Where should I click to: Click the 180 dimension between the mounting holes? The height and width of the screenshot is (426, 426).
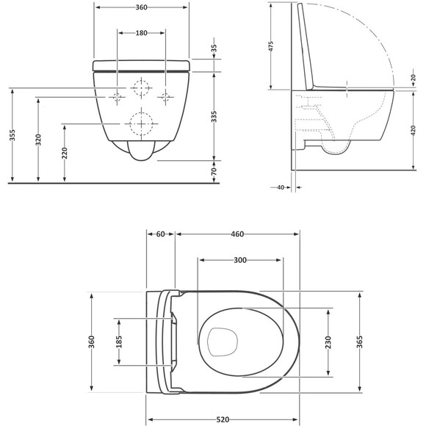[x=141, y=33]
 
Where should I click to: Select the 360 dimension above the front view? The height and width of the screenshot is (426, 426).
[x=141, y=7]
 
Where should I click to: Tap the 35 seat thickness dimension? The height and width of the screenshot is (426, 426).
[x=214, y=48]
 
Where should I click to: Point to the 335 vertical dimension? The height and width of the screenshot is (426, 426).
[x=214, y=117]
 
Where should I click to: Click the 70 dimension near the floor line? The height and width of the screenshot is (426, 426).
[x=214, y=171]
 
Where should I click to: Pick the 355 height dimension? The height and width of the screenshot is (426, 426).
[x=12, y=135]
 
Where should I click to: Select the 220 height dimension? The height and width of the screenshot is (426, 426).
[x=65, y=153]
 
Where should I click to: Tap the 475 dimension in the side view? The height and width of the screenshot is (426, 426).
[x=270, y=46]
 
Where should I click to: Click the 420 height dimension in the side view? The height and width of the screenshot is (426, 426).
[x=414, y=131]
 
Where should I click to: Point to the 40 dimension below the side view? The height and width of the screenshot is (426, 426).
[x=281, y=187]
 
